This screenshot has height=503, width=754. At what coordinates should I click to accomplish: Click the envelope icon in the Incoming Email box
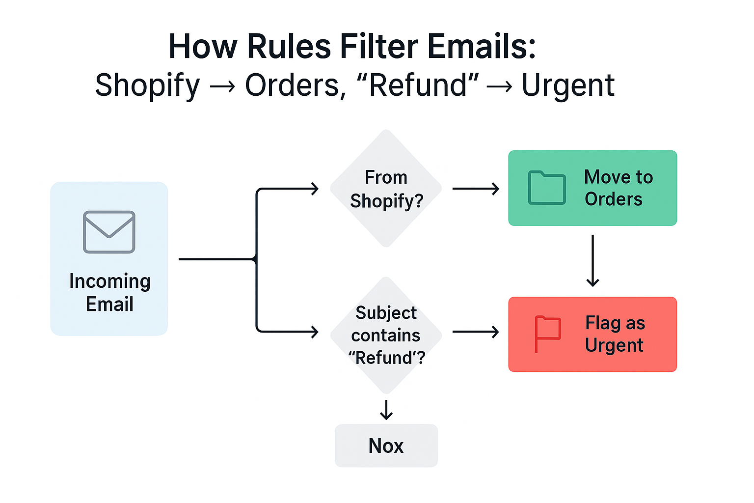[109, 232]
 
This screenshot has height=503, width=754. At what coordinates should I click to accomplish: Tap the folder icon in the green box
[547, 188]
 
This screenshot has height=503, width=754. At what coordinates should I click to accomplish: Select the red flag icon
[547, 334]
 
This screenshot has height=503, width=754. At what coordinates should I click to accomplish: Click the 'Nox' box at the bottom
[386, 446]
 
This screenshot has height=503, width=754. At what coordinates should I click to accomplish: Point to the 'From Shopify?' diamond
[386, 188]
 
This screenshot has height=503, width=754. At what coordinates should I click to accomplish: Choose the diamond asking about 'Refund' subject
[386, 335]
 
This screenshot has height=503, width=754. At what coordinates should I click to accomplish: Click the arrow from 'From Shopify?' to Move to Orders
[476, 189]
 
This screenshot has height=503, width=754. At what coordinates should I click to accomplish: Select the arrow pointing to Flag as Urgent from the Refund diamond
[476, 332]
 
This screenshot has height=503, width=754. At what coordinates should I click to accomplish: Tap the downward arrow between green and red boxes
[592, 260]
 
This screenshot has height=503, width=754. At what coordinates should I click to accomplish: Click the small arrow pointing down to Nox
[386, 410]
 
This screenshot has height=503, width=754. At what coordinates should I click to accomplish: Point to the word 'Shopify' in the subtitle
[147, 85]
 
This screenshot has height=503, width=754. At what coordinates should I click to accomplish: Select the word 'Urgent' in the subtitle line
[568, 85]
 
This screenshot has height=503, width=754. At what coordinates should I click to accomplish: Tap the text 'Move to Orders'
[619, 188]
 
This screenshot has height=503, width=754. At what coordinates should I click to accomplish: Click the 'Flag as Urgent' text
[615, 334]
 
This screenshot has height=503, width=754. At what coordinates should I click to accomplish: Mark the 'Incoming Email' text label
[110, 292]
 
